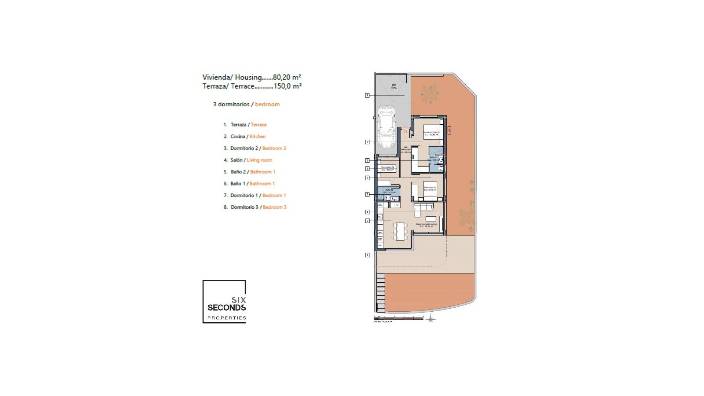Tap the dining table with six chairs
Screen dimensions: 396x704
click(x=400, y=231)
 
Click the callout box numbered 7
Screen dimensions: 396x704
click(x=367, y=142)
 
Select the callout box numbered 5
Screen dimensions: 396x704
click(x=367, y=194)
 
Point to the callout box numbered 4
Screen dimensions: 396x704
click(x=367, y=212)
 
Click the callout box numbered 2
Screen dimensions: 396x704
click(x=367, y=221)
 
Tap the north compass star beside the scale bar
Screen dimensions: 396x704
click(x=431, y=319)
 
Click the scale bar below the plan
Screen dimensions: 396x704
click(x=398, y=318)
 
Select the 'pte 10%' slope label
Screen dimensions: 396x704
click(x=394, y=87)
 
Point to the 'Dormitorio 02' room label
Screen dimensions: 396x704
click(x=430, y=188)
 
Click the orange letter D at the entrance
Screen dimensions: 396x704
click(x=405, y=131)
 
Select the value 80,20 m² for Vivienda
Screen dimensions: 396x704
click(x=287, y=77)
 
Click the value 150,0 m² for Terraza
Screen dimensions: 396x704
click(x=287, y=86)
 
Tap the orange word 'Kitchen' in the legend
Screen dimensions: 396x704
click(x=257, y=136)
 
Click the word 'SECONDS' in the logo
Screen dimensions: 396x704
click(x=227, y=307)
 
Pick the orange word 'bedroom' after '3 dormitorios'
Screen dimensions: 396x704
click(x=267, y=104)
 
